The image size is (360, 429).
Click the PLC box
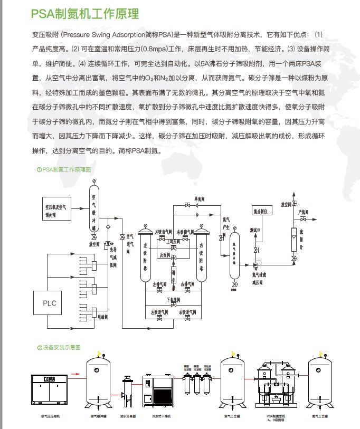[49, 303]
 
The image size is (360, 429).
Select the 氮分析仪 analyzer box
[262, 211]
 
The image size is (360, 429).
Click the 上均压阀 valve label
[173, 241]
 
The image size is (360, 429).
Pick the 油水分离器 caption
[127, 416]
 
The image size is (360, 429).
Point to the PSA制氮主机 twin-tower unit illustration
[274, 385]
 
